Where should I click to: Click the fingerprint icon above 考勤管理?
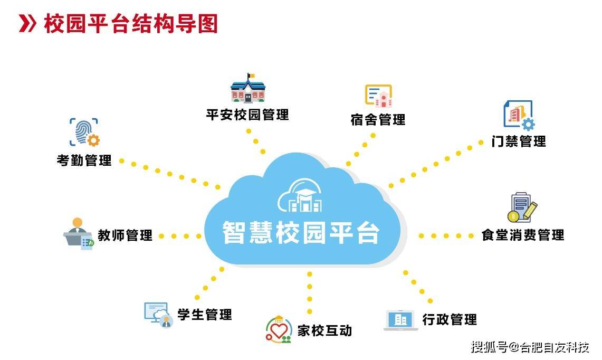tap(84, 132)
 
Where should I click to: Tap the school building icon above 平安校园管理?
tap(249, 88)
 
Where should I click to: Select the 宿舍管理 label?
tap(378, 119)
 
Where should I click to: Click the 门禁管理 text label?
tap(519, 141)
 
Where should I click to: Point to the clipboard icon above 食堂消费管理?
tap(522, 207)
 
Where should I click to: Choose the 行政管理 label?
tap(450, 319)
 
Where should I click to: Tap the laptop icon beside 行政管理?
tap(401, 320)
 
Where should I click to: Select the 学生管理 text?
tap(205, 314)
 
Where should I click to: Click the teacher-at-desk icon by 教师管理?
tap(79, 234)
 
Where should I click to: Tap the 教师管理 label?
tap(125, 235)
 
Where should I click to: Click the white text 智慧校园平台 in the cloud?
tap(301, 232)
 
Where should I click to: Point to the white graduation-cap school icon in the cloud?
tap(300, 195)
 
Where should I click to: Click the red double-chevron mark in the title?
tap(27, 24)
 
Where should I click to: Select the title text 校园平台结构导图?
tap(131, 23)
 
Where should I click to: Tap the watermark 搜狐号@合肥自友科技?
tap(530, 347)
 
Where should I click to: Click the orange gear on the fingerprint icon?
tap(93, 140)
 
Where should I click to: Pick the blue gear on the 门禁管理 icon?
tap(528, 124)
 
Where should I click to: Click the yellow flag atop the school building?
tap(251, 75)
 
